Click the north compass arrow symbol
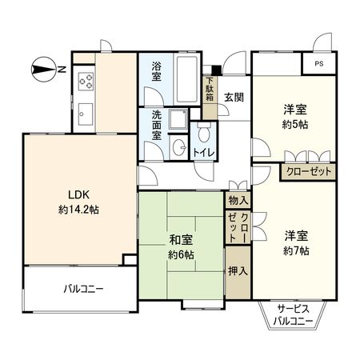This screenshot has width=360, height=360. [x=41, y=70]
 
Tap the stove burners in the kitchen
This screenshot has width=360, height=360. [x=85, y=81]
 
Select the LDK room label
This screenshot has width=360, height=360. [x=73, y=194]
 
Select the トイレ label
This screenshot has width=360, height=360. [x=202, y=150]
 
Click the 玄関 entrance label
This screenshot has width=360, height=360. [x=234, y=97]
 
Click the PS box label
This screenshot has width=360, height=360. [x=319, y=64]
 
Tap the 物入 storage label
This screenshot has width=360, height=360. [x=238, y=200]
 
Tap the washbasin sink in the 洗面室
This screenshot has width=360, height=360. [x=179, y=149]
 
